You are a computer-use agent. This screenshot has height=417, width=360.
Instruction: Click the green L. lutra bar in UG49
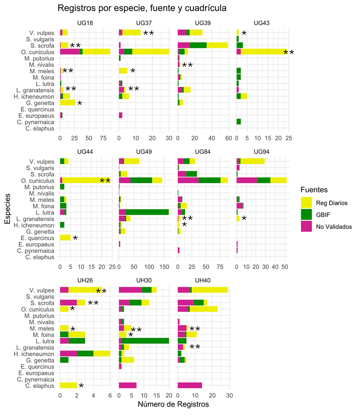point(147,212)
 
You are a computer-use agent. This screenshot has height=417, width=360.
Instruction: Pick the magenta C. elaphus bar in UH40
point(190,385)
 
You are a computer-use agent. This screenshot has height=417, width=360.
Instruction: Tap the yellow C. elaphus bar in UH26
point(68,385)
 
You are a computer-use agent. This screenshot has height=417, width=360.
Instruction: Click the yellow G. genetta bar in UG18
point(68,103)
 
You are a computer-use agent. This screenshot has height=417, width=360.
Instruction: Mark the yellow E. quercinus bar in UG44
point(65,237)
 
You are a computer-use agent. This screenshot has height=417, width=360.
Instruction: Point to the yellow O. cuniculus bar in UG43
point(264,52)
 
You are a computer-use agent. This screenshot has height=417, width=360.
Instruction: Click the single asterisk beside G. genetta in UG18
point(80,104)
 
